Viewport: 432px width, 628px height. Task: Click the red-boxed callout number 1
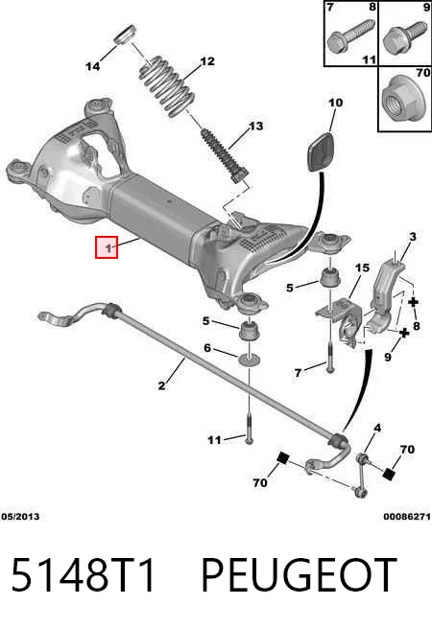coord(107,247)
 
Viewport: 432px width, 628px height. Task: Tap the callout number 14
coord(93,66)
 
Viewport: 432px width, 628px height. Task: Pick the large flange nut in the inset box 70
coord(402,99)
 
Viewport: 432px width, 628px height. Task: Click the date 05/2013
coord(20,516)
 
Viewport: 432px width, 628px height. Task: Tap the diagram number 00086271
coord(407,516)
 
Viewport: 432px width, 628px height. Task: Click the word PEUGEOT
coord(299,575)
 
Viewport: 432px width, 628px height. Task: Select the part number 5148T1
coord(84,575)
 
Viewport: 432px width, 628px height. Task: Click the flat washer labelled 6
coord(250,360)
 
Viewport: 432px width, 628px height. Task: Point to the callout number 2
coord(161,385)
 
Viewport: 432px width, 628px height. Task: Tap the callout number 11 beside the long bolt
coord(215,440)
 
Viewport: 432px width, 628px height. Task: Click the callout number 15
coord(362,267)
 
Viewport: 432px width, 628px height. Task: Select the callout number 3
coord(413,237)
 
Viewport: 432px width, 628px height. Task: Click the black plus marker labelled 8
coord(413,302)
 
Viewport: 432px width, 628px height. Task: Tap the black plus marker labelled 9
coord(404,333)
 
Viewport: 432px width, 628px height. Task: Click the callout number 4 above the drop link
coord(377,429)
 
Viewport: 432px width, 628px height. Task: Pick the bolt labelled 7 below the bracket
coord(330,357)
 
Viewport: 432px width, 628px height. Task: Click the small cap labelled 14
coord(126,34)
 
